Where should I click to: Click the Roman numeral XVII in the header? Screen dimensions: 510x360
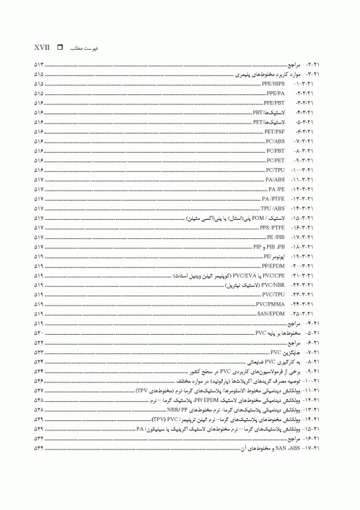tap(42, 48)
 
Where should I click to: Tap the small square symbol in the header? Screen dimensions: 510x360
tap(60, 48)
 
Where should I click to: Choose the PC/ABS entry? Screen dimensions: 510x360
tap(274, 141)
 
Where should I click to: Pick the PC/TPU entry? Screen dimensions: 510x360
tap(274, 170)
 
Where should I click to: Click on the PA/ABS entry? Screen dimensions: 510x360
tap(274, 179)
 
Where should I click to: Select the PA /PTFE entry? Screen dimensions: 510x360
tap(273, 199)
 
